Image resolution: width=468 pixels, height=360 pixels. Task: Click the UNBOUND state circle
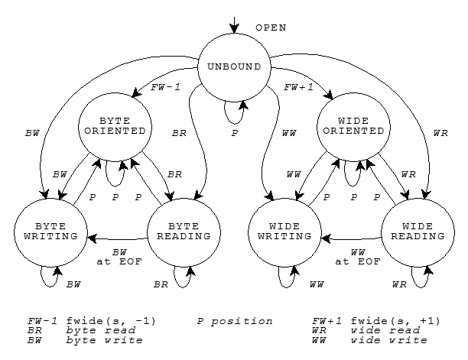(234, 66)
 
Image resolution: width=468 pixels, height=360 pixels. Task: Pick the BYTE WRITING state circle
(50, 231)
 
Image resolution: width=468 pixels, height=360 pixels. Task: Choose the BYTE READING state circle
(184, 231)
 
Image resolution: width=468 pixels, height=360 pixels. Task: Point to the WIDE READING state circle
(418, 231)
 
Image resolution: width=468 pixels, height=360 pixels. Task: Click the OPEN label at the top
(271, 28)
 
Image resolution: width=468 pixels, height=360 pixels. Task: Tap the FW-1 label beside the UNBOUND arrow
(165, 87)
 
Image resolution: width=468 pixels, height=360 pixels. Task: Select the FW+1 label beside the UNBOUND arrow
(299, 87)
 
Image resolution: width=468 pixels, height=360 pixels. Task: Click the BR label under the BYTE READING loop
(161, 284)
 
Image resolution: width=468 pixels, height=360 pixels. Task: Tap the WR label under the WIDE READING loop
(398, 284)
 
